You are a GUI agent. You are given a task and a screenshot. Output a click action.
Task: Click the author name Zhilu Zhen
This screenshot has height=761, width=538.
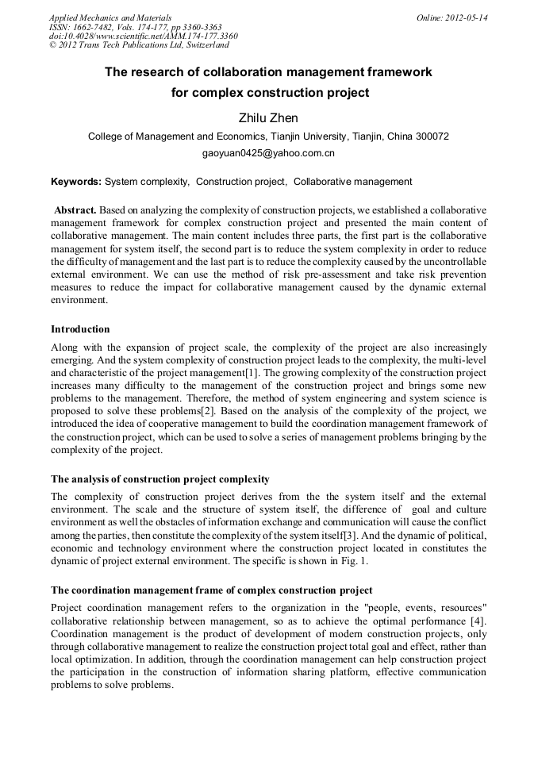point(268,118)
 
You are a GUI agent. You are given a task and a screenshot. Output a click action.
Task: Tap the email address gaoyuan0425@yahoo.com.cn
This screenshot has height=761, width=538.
point(268,152)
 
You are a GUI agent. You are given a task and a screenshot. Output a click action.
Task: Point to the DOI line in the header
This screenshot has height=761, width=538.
point(143,37)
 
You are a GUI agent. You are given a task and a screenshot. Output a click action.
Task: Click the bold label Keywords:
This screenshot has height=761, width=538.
point(76,182)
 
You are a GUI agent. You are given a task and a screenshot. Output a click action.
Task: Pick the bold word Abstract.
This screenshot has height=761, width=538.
point(75,209)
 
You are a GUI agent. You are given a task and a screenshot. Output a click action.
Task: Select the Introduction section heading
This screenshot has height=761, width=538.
point(80,329)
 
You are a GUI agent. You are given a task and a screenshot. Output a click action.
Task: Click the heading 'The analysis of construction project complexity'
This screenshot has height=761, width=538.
point(160,479)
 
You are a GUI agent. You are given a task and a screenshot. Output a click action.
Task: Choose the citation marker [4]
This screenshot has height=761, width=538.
point(476,621)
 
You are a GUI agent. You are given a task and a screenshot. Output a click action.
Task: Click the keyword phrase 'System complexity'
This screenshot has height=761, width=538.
point(147,182)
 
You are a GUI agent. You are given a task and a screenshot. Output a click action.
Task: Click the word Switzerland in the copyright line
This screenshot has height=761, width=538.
point(202,46)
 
